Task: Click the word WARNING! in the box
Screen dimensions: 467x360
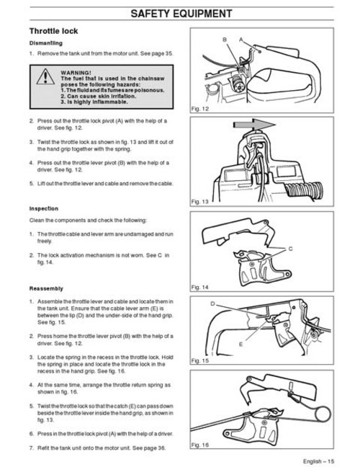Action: click(x=76, y=73)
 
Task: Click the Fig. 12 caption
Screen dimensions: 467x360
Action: click(x=200, y=107)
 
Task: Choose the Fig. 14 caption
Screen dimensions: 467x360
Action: click(x=200, y=287)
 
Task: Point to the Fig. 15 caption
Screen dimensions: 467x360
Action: click(x=200, y=360)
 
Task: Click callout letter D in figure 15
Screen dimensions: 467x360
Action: click(x=213, y=305)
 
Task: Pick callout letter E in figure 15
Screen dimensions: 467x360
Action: click(x=260, y=344)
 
